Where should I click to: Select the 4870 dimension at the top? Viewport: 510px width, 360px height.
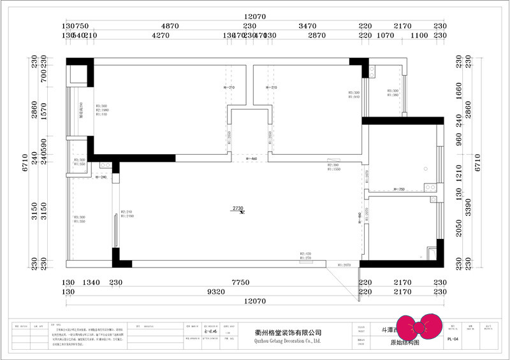point(170,26)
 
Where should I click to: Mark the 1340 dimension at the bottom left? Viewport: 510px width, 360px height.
point(93,282)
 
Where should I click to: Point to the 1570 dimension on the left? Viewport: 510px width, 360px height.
point(44,112)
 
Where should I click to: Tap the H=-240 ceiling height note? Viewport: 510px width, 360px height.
point(100,177)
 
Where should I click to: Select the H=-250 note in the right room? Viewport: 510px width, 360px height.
point(398,189)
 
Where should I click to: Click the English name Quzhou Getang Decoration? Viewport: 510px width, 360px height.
point(288,342)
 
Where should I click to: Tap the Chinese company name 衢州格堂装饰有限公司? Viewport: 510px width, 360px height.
point(288,333)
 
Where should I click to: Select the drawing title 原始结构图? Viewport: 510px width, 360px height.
point(404,343)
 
